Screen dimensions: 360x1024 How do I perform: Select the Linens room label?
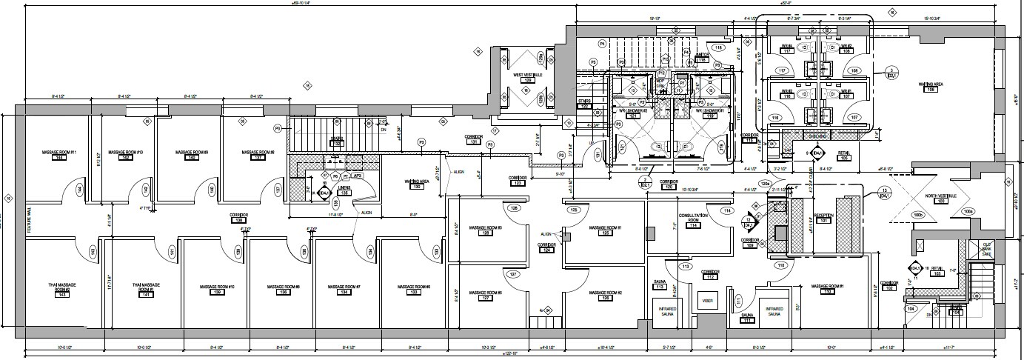pyautogui.click(x=344, y=189)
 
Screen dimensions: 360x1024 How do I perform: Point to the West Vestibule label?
pyautogui.click(x=528, y=75)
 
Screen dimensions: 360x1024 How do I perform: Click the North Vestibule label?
pyautogui.click(x=940, y=196)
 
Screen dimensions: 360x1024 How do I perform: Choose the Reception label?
pyautogui.click(x=824, y=216)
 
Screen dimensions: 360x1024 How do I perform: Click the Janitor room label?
pyautogui.click(x=702, y=55)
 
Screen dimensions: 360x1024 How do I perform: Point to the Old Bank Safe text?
pyautogui.click(x=985, y=249)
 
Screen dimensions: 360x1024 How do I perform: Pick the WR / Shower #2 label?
pyautogui.click(x=633, y=112)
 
